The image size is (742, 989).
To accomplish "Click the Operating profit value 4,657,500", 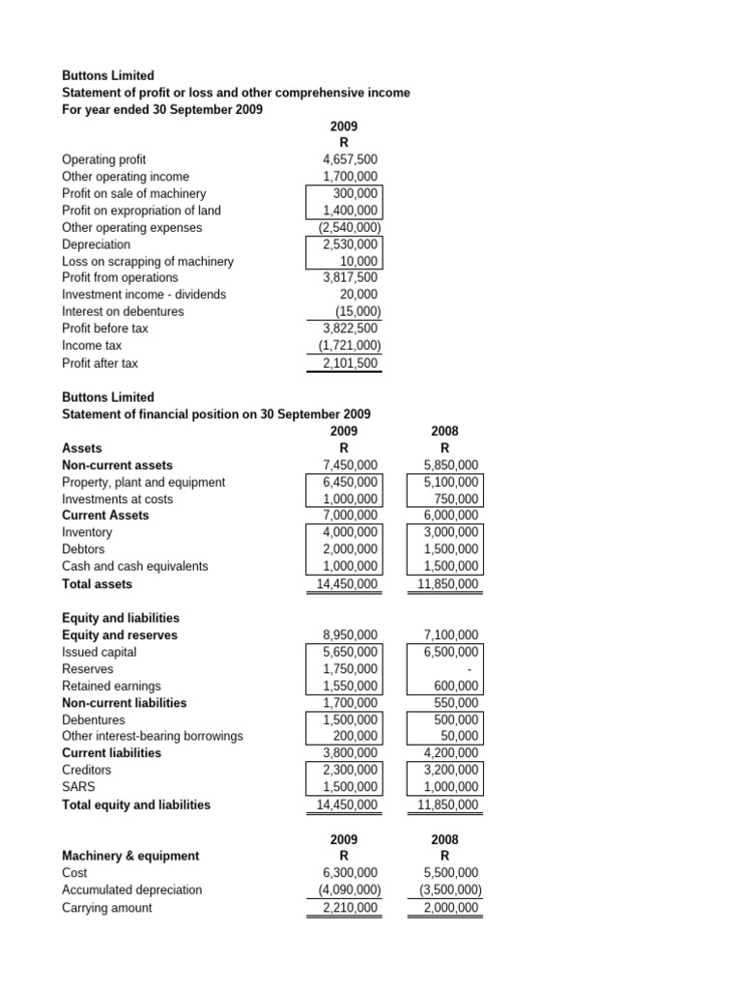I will click(351, 159).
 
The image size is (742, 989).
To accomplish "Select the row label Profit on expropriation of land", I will click(141, 211).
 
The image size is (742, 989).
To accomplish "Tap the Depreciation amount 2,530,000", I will click(351, 244).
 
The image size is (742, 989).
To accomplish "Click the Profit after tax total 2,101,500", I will click(351, 362).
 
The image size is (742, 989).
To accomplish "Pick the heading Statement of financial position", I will click(215, 413).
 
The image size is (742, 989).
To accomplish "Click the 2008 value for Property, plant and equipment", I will click(450, 482).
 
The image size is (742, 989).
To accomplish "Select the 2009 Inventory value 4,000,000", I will click(351, 532).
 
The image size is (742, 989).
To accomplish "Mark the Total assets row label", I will click(97, 583).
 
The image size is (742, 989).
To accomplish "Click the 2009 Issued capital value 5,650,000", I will click(351, 652).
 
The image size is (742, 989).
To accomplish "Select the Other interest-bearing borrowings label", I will click(152, 736).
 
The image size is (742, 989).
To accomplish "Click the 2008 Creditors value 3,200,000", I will click(450, 770).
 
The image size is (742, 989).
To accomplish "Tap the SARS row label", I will click(78, 787).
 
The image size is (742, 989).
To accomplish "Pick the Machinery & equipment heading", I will click(130, 856).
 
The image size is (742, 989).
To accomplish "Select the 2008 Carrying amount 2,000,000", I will click(450, 907).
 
